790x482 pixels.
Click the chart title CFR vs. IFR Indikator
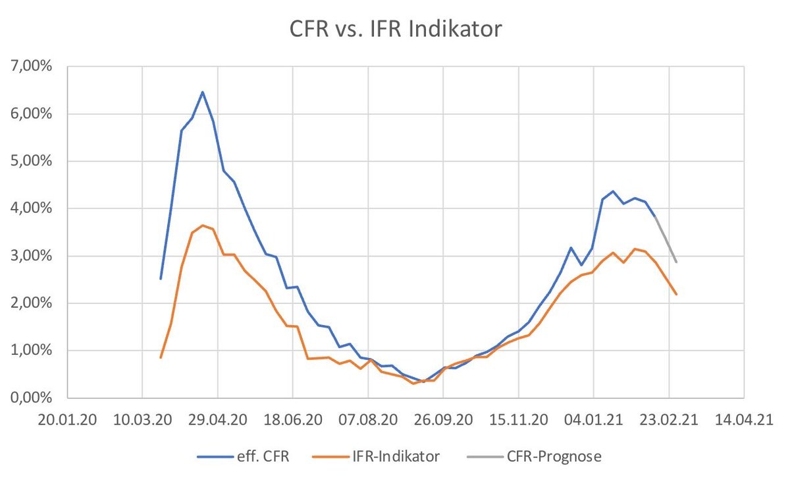[x=396, y=30]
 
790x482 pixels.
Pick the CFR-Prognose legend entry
[x=554, y=456]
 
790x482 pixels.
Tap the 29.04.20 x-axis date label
[x=218, y=419]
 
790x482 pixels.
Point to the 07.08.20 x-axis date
[x=368, y=419]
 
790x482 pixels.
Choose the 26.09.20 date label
[x=443, y=419]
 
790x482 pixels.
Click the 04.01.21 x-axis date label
[x=593, y=419]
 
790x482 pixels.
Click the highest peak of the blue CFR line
[x=203, y=92]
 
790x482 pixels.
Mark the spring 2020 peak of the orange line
[x=203, y=226]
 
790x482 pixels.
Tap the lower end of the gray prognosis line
[x=676, y=262]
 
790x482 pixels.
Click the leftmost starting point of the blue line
[x=161, y=279]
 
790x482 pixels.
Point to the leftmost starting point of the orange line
[x=161, y=357]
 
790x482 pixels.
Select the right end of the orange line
[x=676, y=294]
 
